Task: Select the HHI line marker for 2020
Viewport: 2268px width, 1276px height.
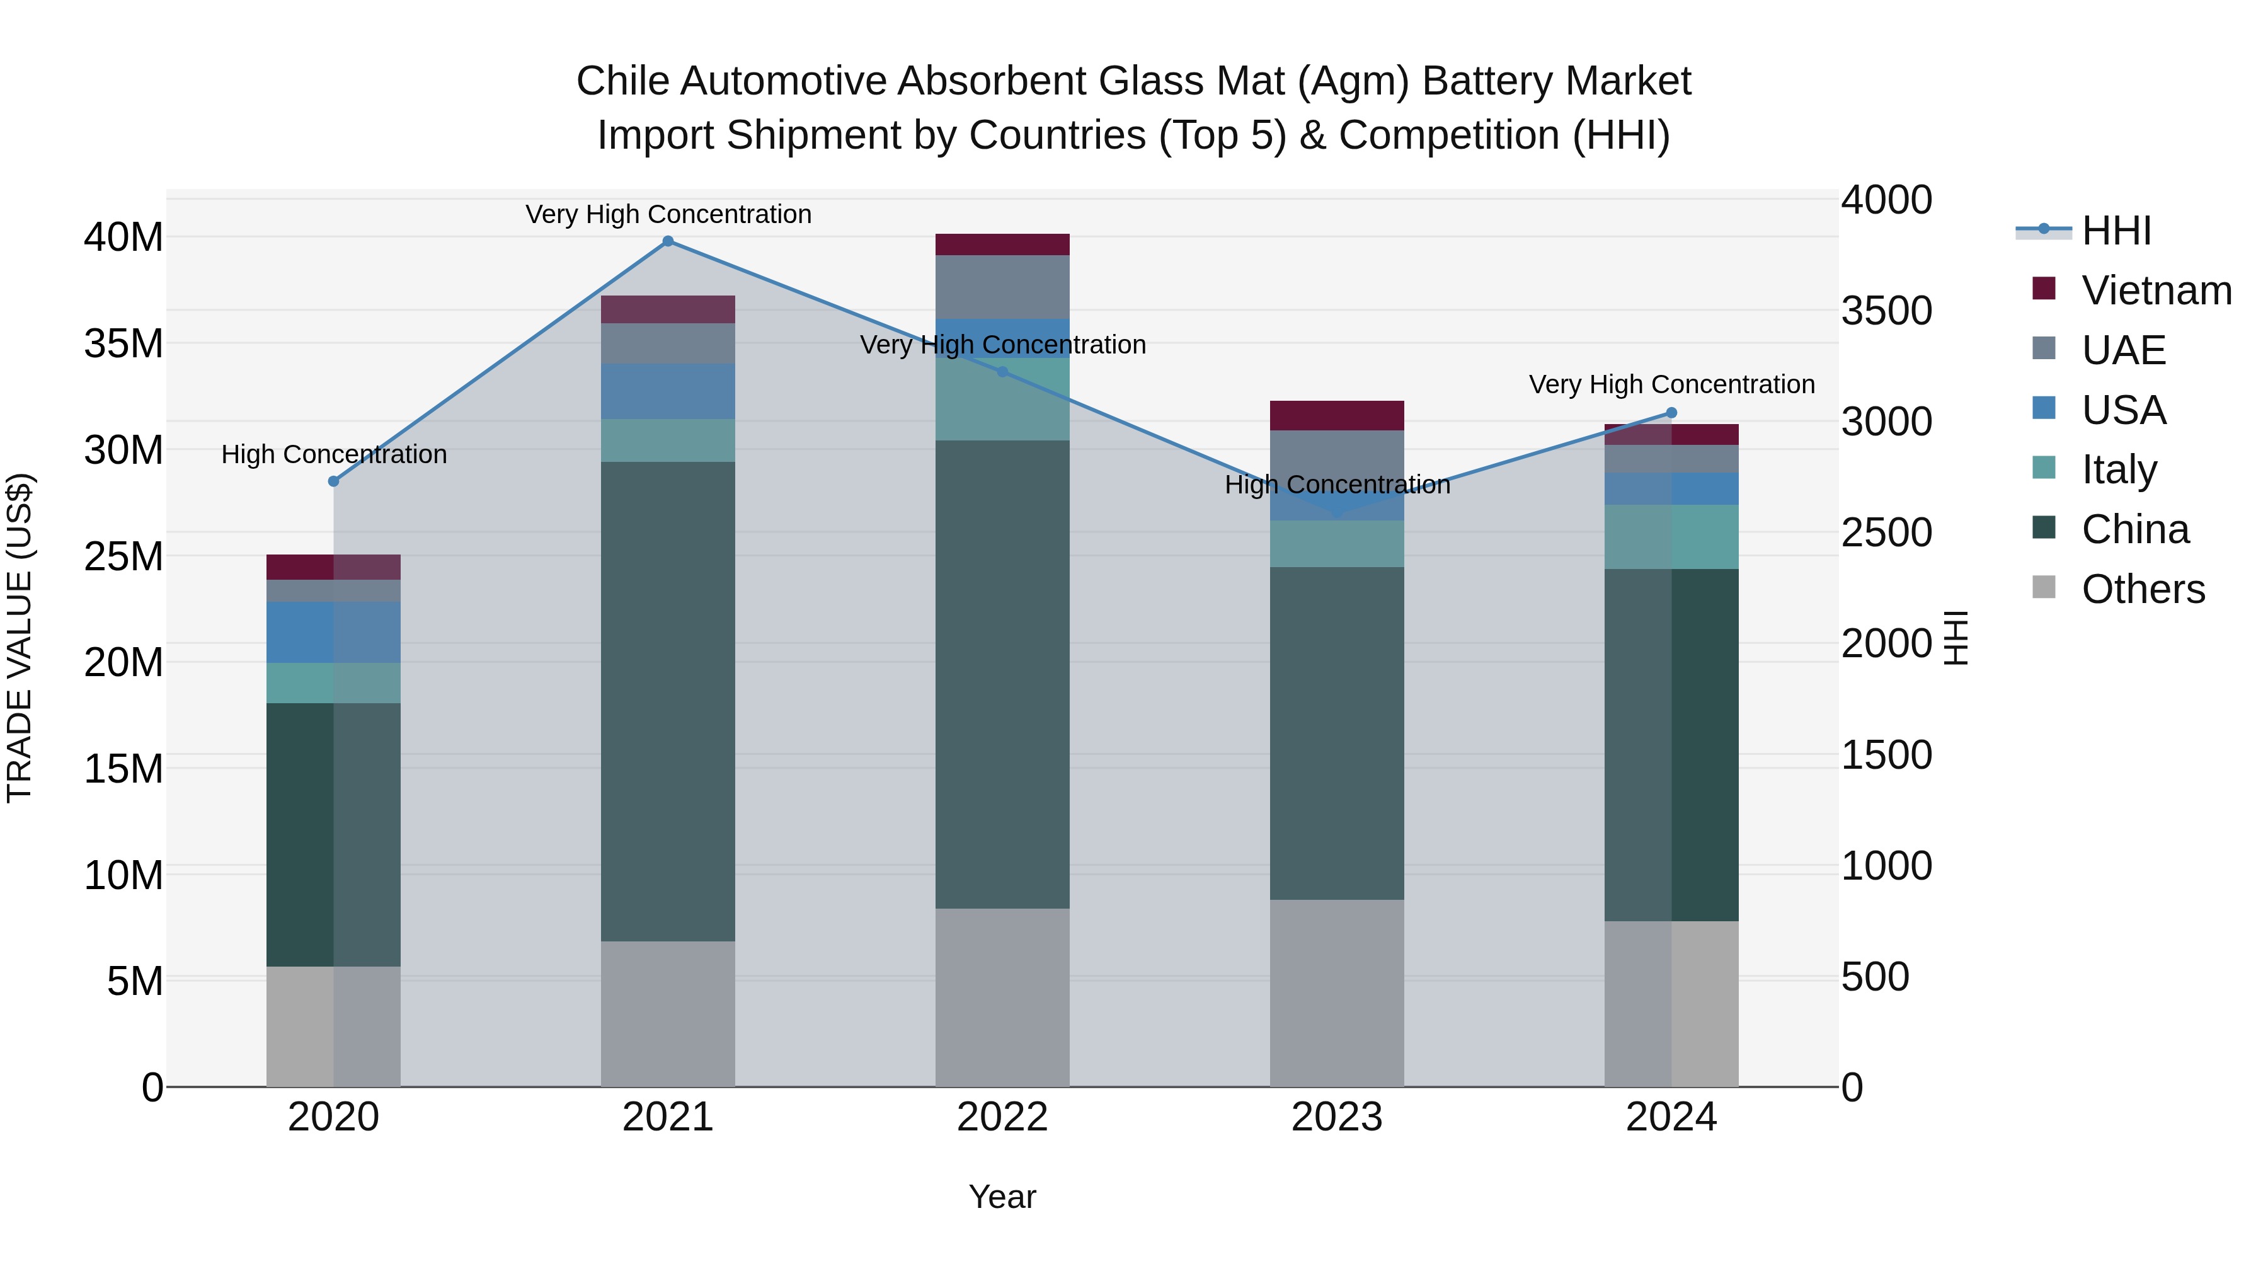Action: tap(334, 481)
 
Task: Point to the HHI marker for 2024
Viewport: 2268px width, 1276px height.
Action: tap(1671, 413)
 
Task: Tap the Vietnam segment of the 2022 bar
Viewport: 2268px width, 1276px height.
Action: tap(1002, 245)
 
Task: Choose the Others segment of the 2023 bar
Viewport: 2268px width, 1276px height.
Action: tap(1336, 992)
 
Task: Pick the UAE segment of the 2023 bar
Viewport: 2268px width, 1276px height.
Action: tap(1336, 458)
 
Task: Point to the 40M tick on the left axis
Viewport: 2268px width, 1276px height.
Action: tap(123, 238)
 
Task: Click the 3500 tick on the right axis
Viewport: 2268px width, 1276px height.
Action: tap(1886, 311)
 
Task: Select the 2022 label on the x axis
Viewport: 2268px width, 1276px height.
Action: tap(1002, 1117)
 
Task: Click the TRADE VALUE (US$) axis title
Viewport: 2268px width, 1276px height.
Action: tap(20, 638)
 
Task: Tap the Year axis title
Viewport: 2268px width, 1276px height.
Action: tap(1002, 1197)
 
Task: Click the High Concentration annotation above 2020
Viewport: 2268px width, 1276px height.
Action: tap(334, 454)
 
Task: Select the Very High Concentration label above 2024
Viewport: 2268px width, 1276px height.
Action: tap(1671, 385)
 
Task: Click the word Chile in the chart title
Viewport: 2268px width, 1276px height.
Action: tap(622, 82)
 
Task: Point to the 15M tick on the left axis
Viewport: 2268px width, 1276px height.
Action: tap(123, 769)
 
